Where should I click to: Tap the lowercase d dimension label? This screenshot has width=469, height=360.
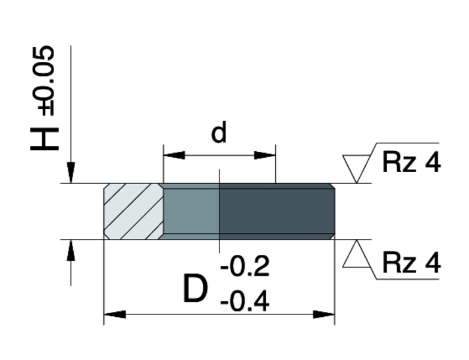click(219, 131)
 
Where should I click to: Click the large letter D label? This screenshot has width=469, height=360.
click(196, 288)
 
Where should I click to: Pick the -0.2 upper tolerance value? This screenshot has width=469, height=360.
click(245, 266)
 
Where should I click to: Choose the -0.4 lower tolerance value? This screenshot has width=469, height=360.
click(245, 302)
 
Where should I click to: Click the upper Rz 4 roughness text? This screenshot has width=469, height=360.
click(411, 163)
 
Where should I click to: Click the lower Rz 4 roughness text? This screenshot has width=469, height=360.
click(411, 263)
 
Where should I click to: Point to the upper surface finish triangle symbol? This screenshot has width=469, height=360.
click(356, 169)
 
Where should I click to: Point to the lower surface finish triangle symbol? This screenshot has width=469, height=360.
click(356, 254)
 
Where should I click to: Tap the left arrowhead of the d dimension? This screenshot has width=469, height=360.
click(174, 155)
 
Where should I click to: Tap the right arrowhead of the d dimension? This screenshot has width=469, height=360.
click(264, 155)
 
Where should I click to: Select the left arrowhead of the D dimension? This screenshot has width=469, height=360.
click(115, 314)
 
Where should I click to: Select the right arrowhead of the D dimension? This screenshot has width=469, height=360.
click(324, 314)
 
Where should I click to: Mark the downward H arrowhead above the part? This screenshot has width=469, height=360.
click(71, 172)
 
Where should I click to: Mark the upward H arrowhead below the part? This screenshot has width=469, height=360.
click(71, 250)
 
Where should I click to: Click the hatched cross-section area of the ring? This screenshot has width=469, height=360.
click(133, 211)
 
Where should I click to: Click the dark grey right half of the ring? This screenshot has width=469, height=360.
click(277, 211)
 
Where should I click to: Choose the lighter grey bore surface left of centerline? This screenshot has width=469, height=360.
click(191, 211)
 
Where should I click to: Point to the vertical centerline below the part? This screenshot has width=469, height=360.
click(220, 246)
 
